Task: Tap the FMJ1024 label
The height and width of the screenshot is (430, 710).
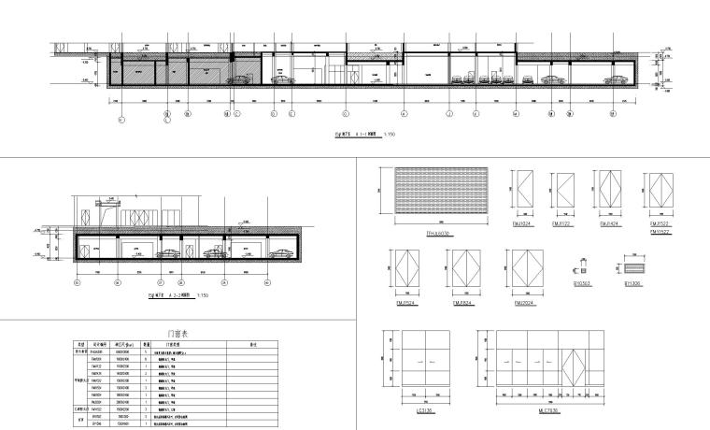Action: [x=521, y=225]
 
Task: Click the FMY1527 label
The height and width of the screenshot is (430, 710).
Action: [x=659, y=231]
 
